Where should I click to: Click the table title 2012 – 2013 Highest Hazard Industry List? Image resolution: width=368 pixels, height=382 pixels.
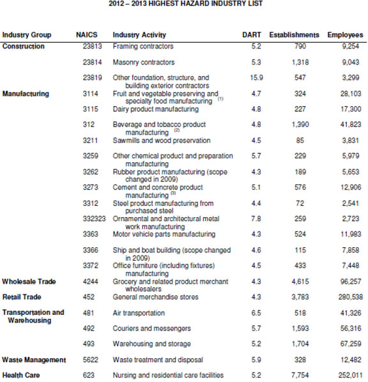click(x=184, y=4)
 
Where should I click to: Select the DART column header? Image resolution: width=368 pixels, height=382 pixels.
click(x=251, y=34)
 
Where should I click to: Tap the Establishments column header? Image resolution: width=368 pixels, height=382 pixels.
click(x=294, y=34)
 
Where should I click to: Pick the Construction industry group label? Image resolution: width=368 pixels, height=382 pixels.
click(x=24, y=46)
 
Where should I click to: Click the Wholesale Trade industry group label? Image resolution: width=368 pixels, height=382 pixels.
click(x=29, y=282)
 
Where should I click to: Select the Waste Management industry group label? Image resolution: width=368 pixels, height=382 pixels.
click(x=34, y=360)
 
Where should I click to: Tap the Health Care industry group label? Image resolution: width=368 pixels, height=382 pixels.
click(x=21, y=376)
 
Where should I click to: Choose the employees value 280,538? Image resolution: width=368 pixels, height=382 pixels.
click(x=348, y=297)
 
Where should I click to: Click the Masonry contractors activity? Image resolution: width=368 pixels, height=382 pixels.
click(x=144, y=62)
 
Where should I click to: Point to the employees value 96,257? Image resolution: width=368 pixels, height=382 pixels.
click(x=349, y=282)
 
